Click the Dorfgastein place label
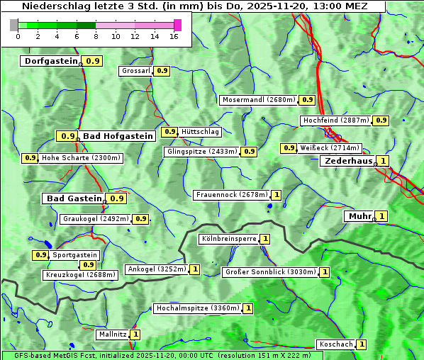[x=51, y=61]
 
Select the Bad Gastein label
[x=74, y=198]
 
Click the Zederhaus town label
[x=348, y=161]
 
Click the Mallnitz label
[x=113, y=334]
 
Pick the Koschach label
[x=335, y=344]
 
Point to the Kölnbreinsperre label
[x=228, y=239]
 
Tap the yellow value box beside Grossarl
[x=162, y=71]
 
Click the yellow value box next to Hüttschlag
[x=169, y=132]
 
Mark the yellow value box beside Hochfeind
[x=381, y=120]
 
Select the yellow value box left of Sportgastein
[x=40, y=255]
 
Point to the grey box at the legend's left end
[x=14, y=25]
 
